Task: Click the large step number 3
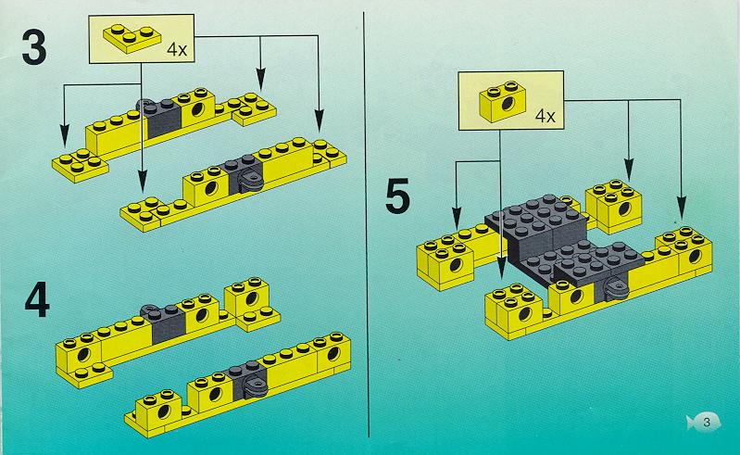(x=34, y=47)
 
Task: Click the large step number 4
(x=37, y=299)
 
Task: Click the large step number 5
(x=397, y=196)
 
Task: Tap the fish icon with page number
(x=704, y=422)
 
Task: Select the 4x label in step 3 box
(x=177, y=49)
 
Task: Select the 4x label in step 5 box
(x=546, y=116)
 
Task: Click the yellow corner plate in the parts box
(x=132, y=38)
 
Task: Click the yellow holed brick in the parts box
(x=503, y=102)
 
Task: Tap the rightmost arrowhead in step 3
(x=320, y=120)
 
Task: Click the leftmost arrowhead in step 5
(x=456, y=218)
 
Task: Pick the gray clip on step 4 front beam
(x=254, y=386)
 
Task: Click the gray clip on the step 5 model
(x=615, y=288)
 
